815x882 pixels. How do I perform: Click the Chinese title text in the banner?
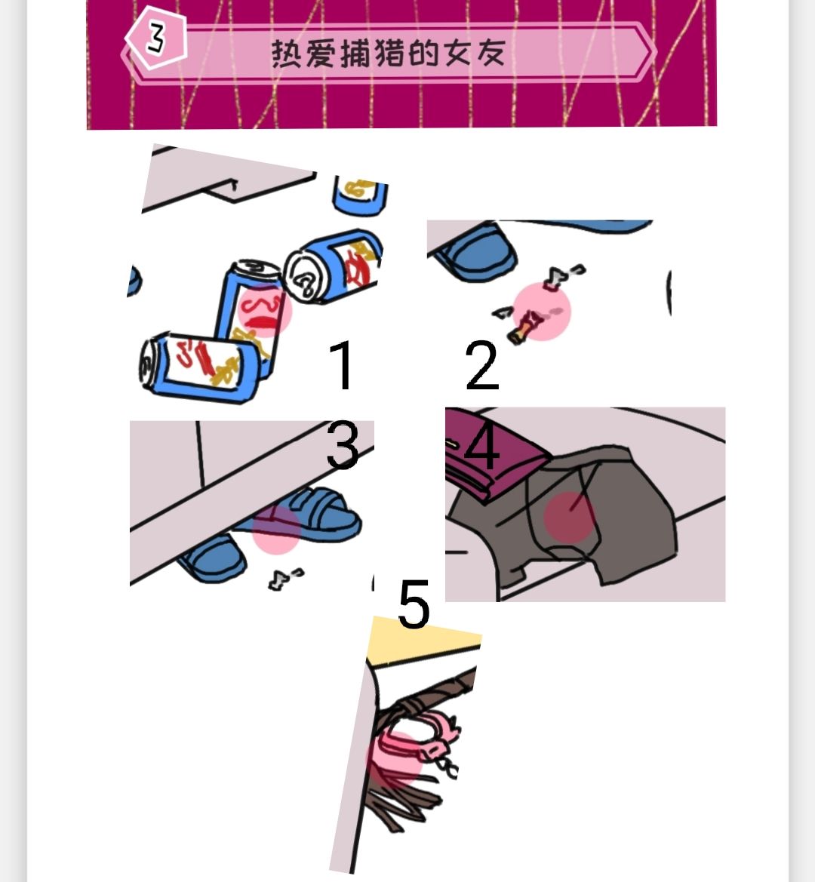[x=388, y=54]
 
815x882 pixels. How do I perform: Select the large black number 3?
[x=343, y=445]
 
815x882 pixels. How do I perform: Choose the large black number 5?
[x=414, y=604]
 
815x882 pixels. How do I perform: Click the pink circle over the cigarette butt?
[x=542, y=311]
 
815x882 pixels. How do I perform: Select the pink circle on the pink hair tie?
[x=394, y=758]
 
